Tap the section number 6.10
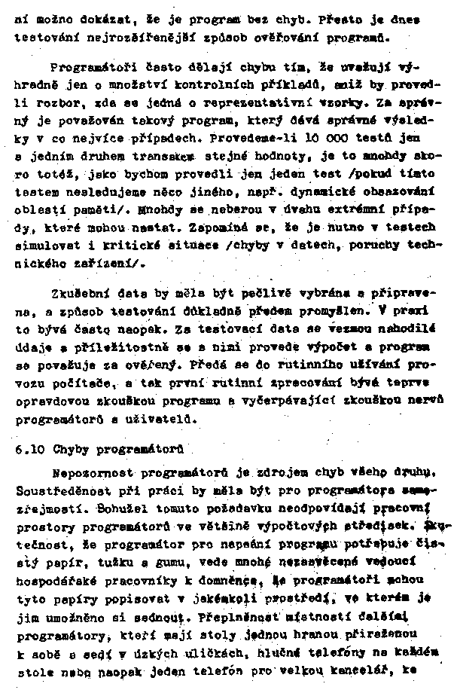click(29, 450)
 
